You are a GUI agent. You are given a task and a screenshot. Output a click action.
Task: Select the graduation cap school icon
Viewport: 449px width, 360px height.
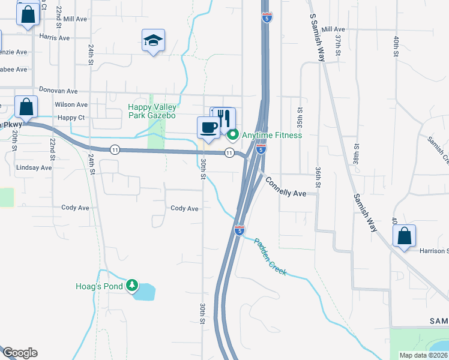pyautogui.click(x=153, y=40)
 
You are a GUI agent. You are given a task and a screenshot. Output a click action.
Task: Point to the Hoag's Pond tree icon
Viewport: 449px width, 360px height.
pyautogui.click(x=131, y=286)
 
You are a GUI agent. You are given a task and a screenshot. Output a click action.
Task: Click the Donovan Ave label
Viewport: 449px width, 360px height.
pyautogui.click(x=58, y=91)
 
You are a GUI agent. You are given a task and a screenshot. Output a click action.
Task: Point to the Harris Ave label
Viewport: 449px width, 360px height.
pyautogui.click(x=55, y=37)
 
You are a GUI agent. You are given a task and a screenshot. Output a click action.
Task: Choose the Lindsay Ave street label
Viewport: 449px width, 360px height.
pyautogui.click(x=34, y=167)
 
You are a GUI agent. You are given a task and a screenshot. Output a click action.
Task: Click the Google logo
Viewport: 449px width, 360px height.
pyautogui.click(x=19, y=353)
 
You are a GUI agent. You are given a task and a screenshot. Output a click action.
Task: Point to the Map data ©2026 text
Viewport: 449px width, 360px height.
pyautogui.click(x=423, y=355)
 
